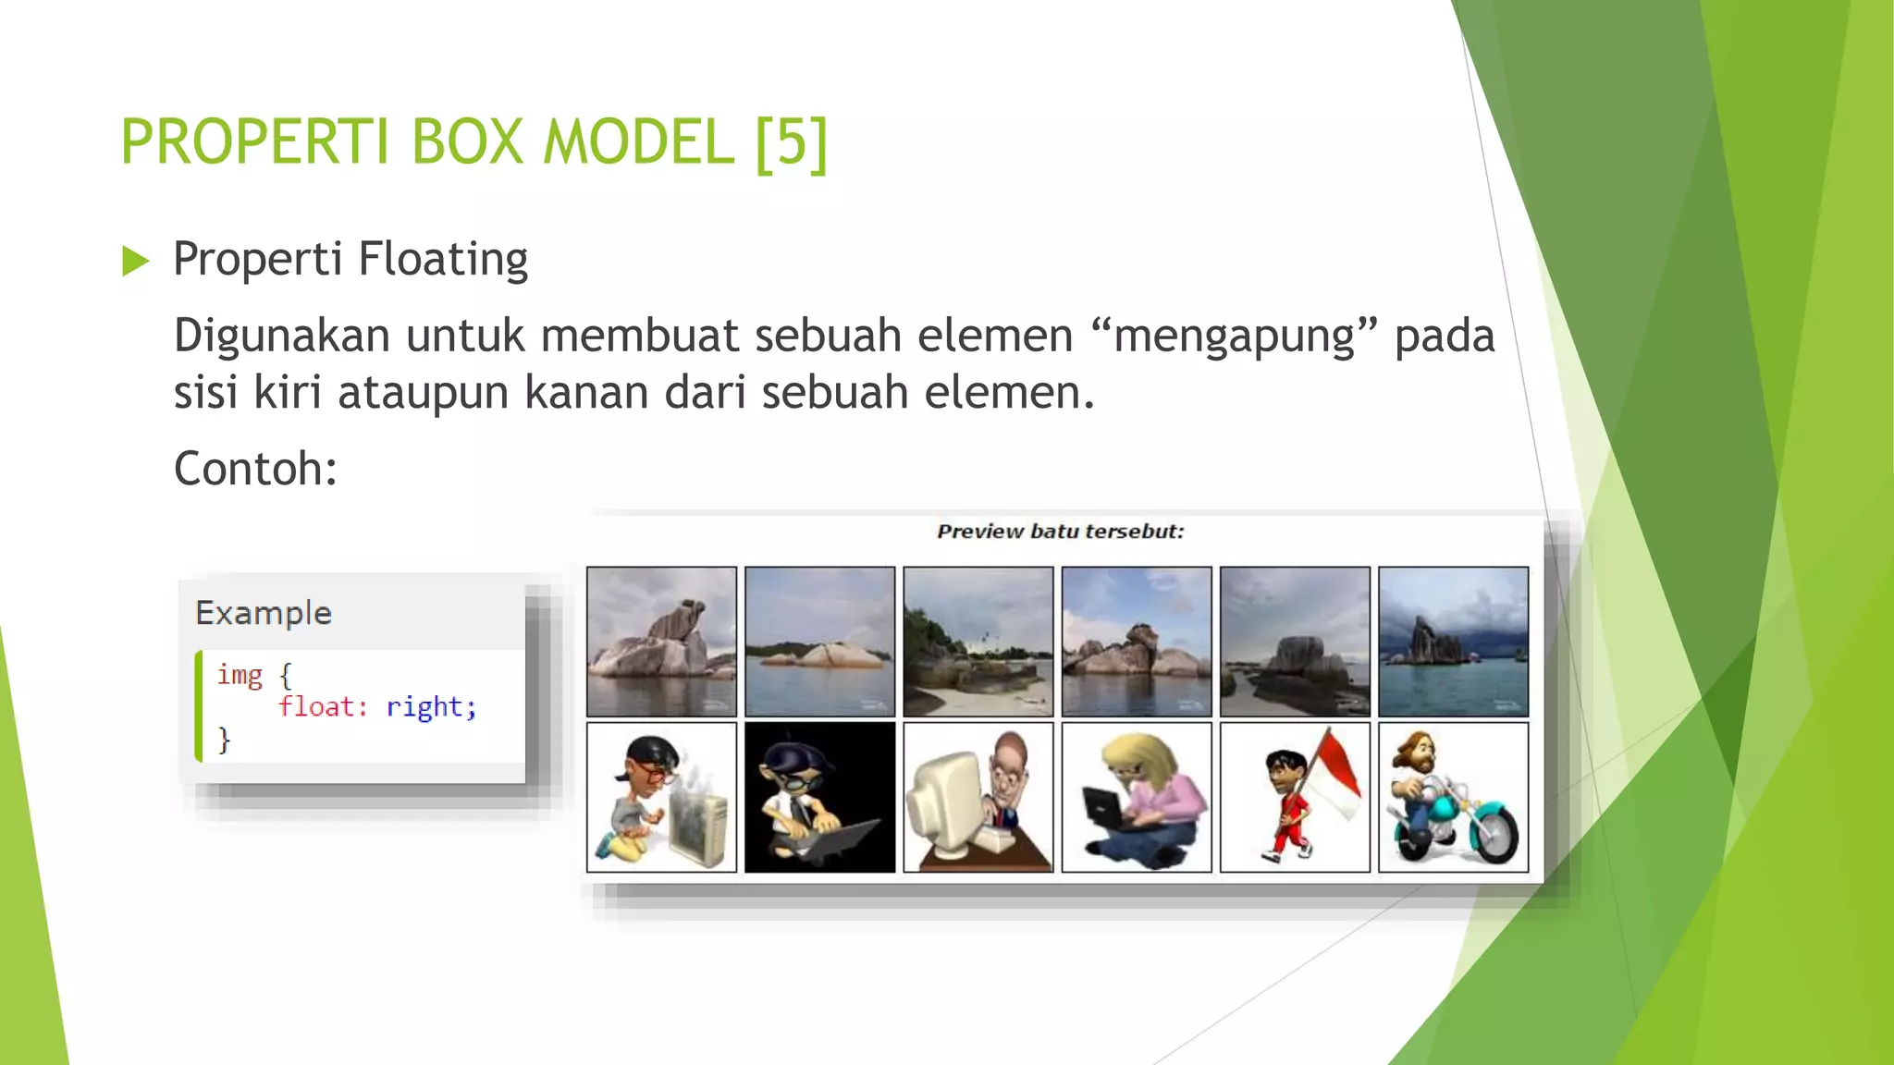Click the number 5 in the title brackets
[791, 142]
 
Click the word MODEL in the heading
[638, 142]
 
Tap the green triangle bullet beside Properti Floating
[135, 262]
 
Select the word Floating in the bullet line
[442, 260]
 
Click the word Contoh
[254, 469]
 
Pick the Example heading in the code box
[264, 613]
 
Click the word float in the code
[316, 707]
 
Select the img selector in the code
[240, 676]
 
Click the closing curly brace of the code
[224, 740]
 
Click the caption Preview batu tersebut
[1060, 532]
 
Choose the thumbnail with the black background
[819, 797]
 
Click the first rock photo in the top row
[661, 642]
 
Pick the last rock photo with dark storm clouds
[1453, 642]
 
